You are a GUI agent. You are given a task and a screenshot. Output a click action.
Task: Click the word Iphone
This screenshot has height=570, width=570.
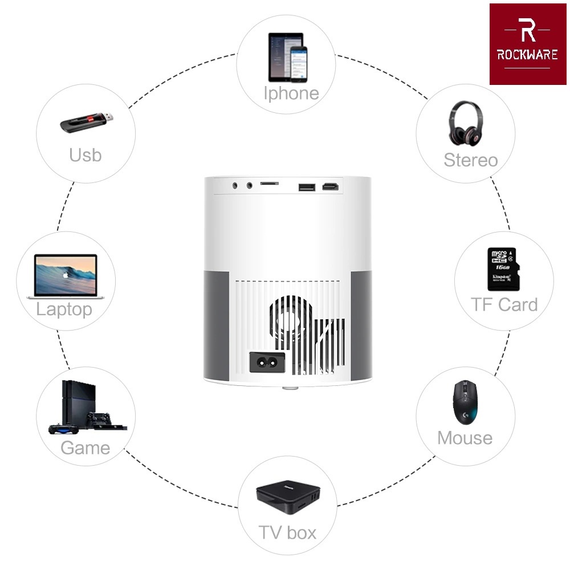point(291,93)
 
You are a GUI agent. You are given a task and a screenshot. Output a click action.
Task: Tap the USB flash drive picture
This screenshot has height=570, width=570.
point(87,121)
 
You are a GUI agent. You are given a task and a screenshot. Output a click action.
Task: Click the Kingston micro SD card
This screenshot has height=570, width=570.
point(502,267)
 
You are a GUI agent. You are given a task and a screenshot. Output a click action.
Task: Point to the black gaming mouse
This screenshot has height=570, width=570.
point(465,401)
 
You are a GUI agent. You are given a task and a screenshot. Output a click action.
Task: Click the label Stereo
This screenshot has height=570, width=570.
point(470,160)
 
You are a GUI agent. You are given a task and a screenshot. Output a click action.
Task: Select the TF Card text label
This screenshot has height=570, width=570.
point(504,305)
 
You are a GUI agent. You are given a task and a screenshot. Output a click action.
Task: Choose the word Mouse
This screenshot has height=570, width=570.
point(465,438)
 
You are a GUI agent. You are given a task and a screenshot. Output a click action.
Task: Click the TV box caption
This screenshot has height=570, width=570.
point(287,533)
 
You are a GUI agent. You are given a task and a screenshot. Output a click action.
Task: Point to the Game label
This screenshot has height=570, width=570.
point(85,448)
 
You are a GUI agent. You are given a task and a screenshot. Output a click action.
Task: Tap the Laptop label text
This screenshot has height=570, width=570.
point(64,310)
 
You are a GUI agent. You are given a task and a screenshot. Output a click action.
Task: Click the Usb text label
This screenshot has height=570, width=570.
point(85,154)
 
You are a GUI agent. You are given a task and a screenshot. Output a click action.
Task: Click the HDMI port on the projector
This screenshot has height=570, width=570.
point(329,186)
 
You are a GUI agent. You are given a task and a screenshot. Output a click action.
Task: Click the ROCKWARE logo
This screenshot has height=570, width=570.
point(528,44)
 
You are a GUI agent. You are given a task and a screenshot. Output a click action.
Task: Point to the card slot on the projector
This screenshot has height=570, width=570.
point(270,184)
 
